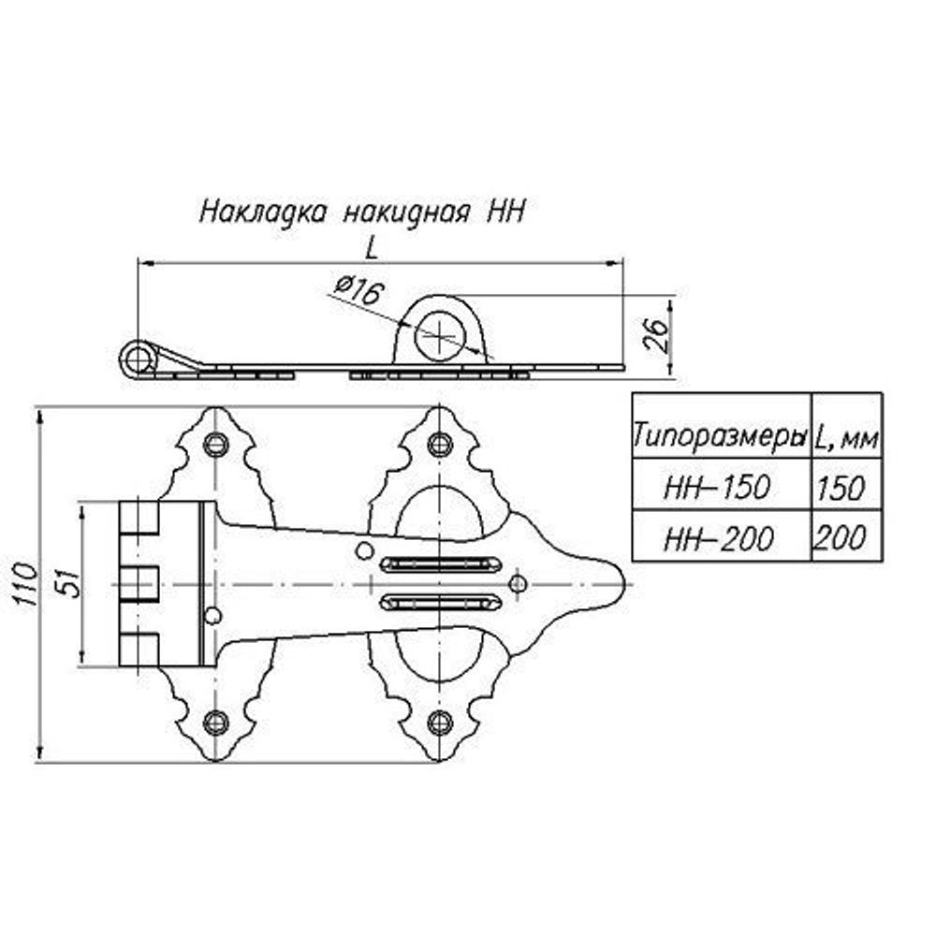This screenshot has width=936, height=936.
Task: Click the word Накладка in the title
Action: pyautogui.click(x=263, y=211)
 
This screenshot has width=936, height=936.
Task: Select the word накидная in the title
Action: pyautogui.click(x=405, y=211)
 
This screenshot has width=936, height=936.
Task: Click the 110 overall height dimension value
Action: pyautogui.click(x=28, y=585)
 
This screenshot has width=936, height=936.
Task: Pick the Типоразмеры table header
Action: pyautogui.click(x=720, y=436)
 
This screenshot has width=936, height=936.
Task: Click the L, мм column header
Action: pyautogui.click(x=845, y=436)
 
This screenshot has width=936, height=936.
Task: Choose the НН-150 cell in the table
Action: pyautogui.click(x=720, y=487)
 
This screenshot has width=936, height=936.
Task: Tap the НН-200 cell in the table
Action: pyautogui.click(x=720, y=537)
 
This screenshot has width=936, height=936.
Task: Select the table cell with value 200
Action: pyautogui.click(x=845, y=537)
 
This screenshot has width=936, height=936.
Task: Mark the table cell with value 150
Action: pyautogui.click(x=845, y=487)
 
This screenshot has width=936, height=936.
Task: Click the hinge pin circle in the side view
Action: pyautogui.click(x=139, y=358)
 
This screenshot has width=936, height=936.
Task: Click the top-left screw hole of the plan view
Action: pyautogui.click(x=216, y=443)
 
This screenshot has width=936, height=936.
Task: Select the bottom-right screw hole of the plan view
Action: pyautogui.click(x=438, y=721)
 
